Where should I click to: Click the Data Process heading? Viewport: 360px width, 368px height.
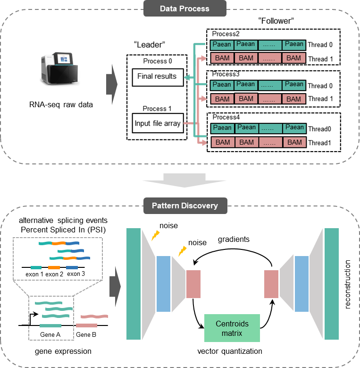point(184,9)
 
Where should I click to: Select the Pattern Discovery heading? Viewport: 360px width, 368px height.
point(184,206)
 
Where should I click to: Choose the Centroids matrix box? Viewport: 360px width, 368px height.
point(232,328)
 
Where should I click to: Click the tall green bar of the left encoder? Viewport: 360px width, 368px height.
point(134,283)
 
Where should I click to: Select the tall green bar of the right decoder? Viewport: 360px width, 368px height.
point(331,283)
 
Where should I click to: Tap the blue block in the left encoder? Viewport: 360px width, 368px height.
point(163,283)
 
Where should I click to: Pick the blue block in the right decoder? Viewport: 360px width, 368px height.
point(301,283)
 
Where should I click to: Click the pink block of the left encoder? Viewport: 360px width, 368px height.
point(193,284)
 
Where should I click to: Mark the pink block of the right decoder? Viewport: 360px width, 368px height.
point(271,284)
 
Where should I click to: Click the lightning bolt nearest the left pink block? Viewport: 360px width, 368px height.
point(182,251)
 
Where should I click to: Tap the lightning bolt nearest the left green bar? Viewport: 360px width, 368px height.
point(155,235)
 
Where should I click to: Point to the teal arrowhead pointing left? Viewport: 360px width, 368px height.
point(187,77)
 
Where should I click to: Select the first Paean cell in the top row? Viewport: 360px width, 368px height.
point(222,45)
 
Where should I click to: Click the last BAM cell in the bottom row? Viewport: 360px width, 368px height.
point(294,142)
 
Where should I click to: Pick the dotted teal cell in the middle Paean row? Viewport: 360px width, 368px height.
point(270,86)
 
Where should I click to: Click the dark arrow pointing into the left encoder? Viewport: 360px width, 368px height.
point(115,285)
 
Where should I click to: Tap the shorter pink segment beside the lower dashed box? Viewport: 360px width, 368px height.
point(86,325)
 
